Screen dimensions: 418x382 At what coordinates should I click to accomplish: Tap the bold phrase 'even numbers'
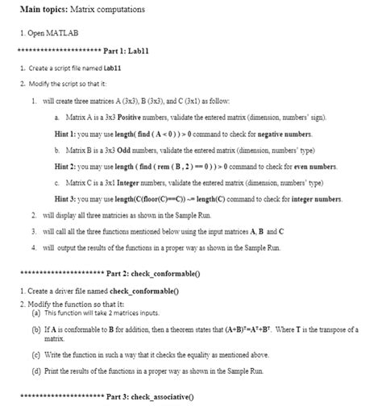pos(312,166)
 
